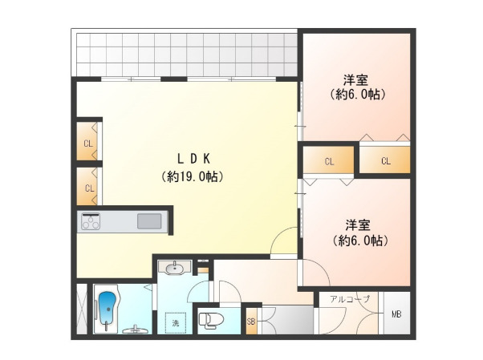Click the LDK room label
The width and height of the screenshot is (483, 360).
coord(193,159)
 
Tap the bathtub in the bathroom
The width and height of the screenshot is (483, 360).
coord(108,309)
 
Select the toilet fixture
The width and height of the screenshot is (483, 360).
coord(209,319)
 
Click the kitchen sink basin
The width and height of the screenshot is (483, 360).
coord(149,221)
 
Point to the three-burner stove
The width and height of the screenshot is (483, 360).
coord(91,221)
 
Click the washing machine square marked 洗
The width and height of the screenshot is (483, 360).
coord(176,323)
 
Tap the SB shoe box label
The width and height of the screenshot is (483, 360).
coord(251,322)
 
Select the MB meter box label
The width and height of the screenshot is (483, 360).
coord(396,314)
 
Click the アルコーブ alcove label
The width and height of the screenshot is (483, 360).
coord(349,299)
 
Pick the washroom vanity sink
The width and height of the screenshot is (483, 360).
coord(175,268)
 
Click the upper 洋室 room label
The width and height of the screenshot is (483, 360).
coord(355,80)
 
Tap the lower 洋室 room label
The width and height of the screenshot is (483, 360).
coord(357,225)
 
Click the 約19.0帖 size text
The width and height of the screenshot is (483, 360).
coord(193,176)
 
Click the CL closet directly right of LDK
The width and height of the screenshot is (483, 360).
coord(329,160)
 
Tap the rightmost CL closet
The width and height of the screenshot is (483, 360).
coord(385,160)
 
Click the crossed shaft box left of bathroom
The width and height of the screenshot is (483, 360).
coord(82,309)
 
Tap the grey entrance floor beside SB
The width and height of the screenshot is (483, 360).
coord(288,320)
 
